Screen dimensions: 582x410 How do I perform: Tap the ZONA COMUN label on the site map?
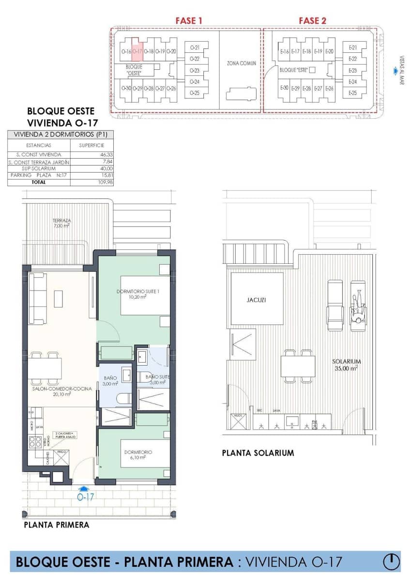(241, 63)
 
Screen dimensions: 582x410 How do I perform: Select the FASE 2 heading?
(312, 20)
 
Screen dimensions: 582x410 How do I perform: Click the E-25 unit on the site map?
(352, 93)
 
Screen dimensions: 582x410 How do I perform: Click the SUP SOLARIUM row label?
(39, 168)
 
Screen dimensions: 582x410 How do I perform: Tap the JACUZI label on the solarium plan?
(256, 300)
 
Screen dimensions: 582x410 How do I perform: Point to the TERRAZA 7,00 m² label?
(62, 223)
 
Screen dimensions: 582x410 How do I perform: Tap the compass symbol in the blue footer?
(391, 562)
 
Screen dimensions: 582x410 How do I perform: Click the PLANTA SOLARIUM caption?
(258, 453)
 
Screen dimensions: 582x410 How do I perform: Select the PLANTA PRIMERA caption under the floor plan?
(57, 525)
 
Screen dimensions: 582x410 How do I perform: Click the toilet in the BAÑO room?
(123, 399)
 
